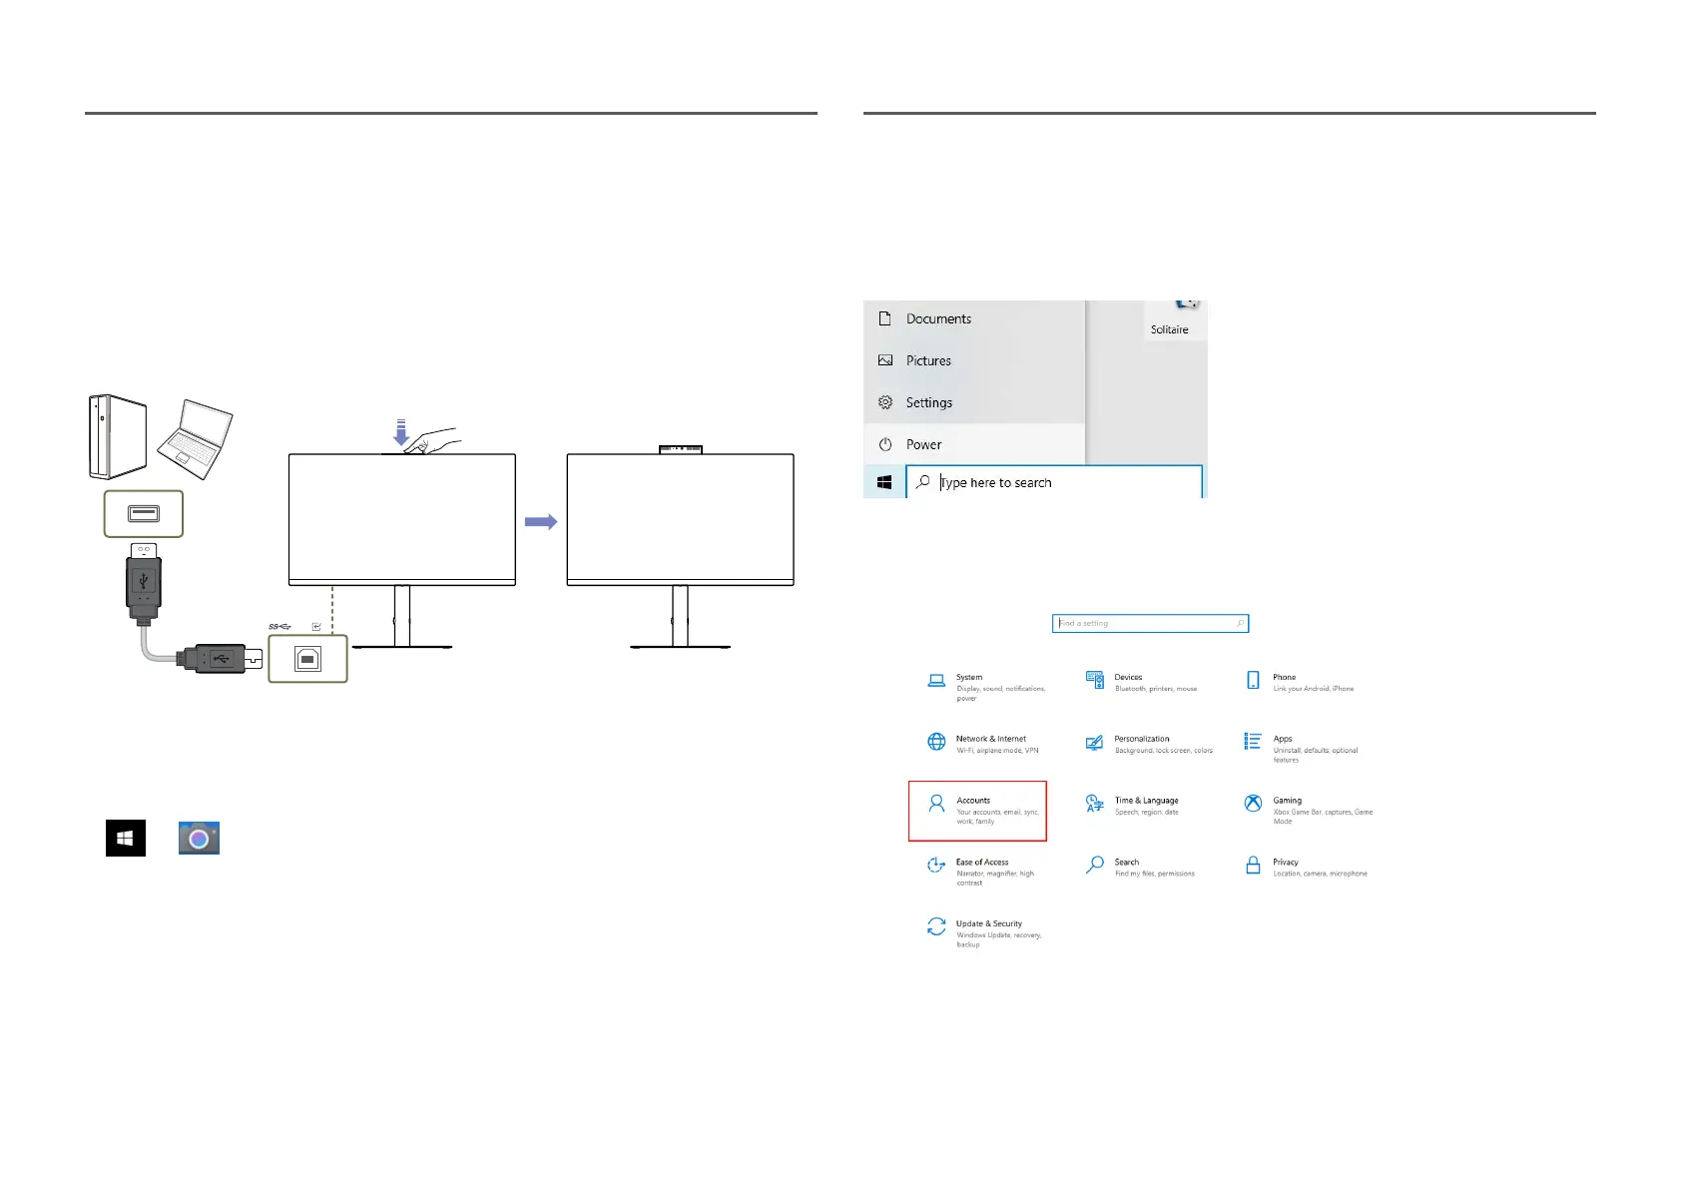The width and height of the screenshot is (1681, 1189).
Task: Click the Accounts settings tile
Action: coord(977,811)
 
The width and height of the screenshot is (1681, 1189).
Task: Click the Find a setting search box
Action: coord(1149,623)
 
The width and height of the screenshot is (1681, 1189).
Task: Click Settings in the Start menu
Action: coord(928,402)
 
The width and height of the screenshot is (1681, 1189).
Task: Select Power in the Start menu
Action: coord(923,444)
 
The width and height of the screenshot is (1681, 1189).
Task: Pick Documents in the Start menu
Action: coord(937,318)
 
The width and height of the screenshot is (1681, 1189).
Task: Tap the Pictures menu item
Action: coord(927,360)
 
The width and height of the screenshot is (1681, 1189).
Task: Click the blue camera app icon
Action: coord(199,839)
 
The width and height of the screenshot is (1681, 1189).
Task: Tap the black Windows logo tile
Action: coord(126,839)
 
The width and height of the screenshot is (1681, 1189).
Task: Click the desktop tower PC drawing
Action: coord(118,436)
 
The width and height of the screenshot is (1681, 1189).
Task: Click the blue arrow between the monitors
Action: coord(540,521)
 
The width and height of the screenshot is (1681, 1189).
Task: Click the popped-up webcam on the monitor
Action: coord(680,449)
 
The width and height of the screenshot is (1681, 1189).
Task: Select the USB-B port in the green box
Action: coord(307,659)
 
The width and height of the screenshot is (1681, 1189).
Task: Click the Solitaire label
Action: coord(1169,329)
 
